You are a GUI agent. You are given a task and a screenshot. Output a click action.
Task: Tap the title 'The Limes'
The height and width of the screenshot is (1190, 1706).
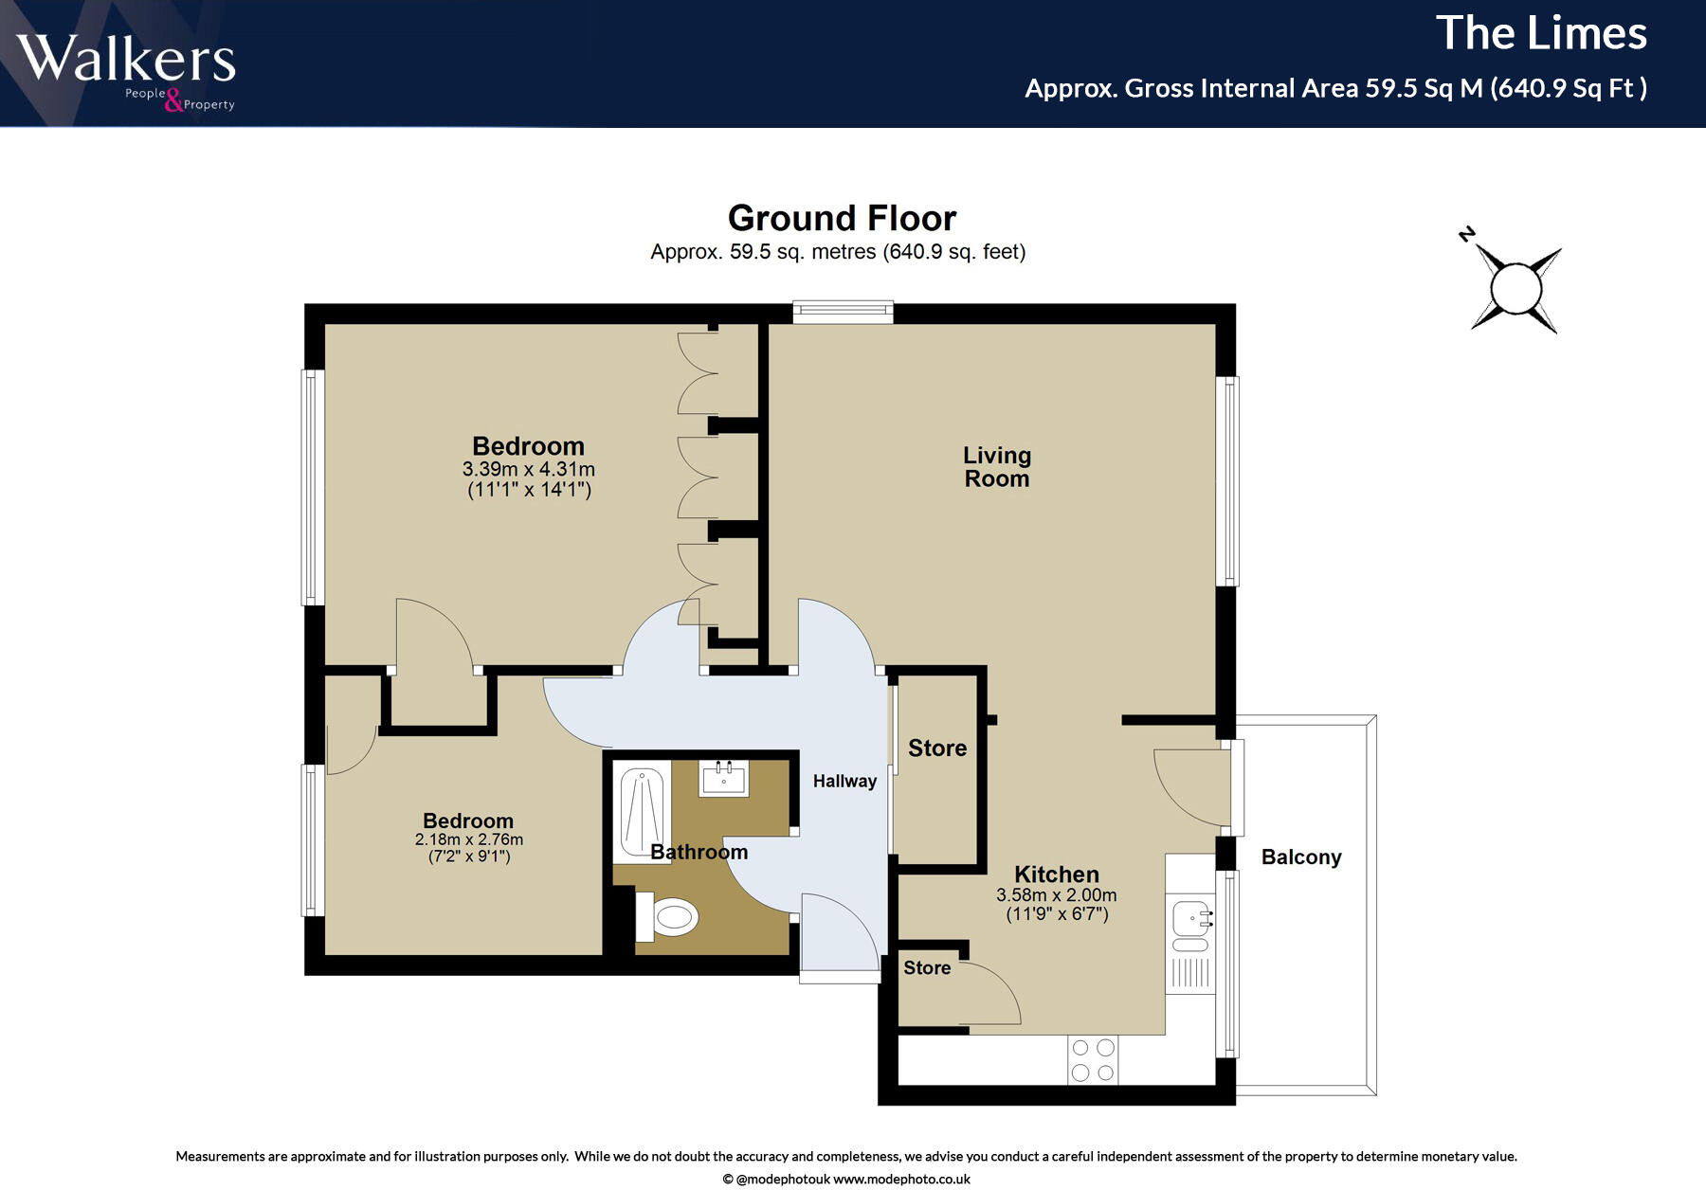[1541, 33]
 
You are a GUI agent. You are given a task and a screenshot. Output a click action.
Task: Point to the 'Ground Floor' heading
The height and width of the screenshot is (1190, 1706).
[842, 218]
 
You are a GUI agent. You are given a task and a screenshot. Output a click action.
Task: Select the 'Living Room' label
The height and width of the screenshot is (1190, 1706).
[997, 467]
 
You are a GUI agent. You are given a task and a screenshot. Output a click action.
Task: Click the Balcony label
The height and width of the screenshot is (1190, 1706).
[1301, 857]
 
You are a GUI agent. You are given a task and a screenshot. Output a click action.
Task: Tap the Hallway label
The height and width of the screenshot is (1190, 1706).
[844, 781]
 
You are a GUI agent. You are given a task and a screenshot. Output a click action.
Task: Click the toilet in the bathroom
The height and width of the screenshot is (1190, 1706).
[667, 916]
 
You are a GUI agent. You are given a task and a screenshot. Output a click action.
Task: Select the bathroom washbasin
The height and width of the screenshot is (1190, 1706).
[724, 779]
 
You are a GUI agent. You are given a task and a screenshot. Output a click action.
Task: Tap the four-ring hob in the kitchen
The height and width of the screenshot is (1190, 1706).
[1093, 1060]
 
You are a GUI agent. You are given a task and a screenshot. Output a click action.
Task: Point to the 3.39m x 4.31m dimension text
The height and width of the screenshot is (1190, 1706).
[529, 469]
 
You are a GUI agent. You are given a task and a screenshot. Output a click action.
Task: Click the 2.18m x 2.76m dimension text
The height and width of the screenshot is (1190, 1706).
[469, 839]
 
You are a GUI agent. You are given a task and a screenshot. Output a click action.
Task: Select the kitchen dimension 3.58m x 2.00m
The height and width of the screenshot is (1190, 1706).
[1057, 895]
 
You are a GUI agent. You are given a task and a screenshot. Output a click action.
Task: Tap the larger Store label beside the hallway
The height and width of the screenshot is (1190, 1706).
[937, 748]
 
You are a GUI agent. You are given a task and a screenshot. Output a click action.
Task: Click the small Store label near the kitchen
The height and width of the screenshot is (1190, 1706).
[927, 967]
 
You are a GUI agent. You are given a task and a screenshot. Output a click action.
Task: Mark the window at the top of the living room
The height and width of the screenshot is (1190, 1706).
[844, 312]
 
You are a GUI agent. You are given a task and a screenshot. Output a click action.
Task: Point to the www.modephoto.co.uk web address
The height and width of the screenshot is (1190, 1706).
[901, 1180]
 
